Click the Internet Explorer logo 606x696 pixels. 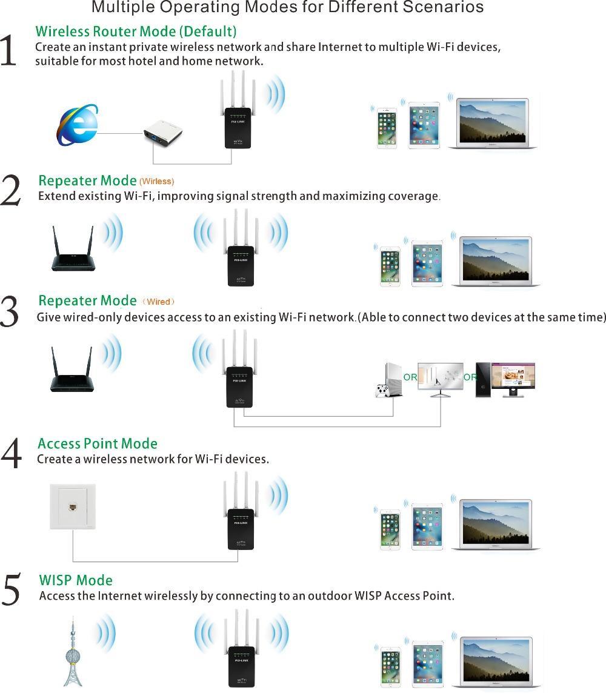(77, 125)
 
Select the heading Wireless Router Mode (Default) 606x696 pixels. (136, 31)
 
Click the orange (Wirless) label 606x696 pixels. (156, 181)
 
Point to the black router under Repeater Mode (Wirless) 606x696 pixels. (72, 250)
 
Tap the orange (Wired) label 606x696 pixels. (158, 302)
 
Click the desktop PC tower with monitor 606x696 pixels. (505, 379)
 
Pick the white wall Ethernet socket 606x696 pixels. (73, 506)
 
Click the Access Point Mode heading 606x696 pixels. (98, 443)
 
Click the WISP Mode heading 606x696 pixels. (76, 580)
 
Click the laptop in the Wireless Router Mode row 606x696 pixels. (492, 124)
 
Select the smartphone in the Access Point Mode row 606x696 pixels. (390, 529)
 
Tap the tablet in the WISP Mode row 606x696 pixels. (427, 665)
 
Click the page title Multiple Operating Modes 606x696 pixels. (287, 8)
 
